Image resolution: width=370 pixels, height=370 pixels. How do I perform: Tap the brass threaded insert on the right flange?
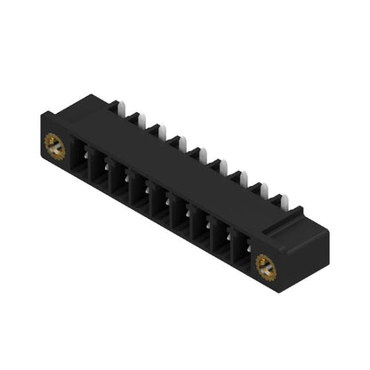point(264,265)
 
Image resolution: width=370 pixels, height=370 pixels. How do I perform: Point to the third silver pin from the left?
point(157,130)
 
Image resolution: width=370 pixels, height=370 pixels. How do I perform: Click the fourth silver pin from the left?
point(177,141)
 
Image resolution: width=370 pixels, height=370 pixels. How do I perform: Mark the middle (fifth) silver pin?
point(197,153)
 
